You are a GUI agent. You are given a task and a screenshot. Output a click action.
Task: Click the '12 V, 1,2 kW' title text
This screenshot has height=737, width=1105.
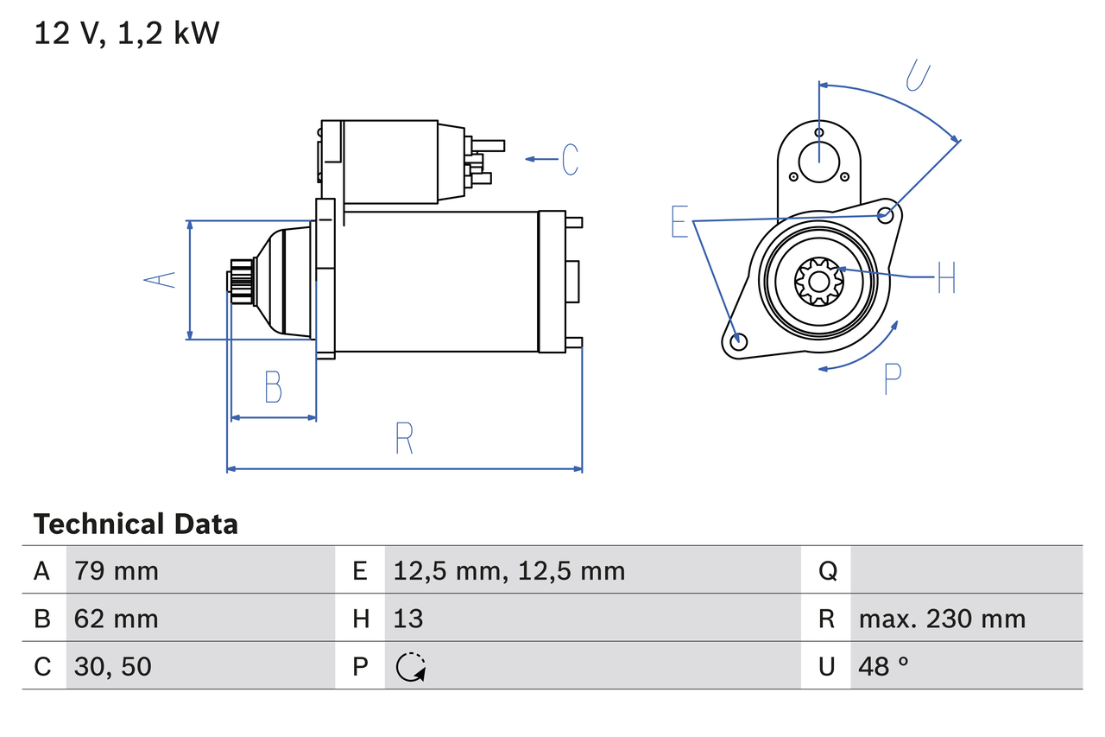[x=127, y=34]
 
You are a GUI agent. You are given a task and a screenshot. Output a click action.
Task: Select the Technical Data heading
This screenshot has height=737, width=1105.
[x=136, y=524]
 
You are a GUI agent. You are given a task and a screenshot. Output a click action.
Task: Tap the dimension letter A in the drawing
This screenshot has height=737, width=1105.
[x=159, y=279]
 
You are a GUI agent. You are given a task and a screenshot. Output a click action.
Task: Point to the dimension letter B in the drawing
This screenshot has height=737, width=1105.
[x=273, y=387]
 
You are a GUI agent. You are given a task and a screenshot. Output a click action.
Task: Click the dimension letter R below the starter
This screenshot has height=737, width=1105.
[x=404, y=438]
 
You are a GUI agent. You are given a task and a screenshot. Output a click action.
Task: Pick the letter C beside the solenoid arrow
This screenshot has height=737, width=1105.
[x=570, y=160]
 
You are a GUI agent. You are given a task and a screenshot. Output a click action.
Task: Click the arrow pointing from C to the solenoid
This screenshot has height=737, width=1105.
[x=541, y=160]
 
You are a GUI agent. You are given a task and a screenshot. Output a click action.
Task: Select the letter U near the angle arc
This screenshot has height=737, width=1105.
[x=917, y=76]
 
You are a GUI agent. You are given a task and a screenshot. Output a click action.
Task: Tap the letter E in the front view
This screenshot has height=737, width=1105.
[x=680, y=222]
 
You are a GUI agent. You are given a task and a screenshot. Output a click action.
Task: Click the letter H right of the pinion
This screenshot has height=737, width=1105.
[x=946, y=277]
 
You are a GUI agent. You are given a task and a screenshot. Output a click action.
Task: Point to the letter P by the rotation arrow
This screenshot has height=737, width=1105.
[x=893, y=378]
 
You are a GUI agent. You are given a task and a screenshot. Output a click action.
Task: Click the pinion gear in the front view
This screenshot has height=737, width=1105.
[x=818, y=281]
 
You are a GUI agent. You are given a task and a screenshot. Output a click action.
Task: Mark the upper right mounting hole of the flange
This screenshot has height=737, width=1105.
[x=885, y=214]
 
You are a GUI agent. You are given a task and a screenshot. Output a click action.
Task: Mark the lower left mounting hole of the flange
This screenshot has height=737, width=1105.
[x=737, y=341]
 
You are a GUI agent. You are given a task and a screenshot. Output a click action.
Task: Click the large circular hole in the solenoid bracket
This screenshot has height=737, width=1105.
[x=818, y=161]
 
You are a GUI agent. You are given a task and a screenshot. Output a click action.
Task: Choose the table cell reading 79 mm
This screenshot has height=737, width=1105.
[x=117, y=571]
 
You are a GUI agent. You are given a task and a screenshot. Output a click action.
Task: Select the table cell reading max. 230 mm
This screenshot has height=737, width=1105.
[x=942, y=619]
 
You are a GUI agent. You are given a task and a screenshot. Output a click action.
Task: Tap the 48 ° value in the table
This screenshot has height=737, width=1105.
[x=884, y=666]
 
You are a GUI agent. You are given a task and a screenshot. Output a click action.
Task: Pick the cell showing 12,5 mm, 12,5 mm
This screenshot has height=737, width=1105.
[x=508, y=571]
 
